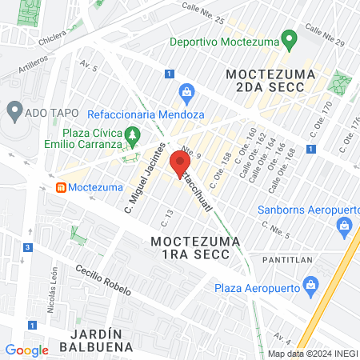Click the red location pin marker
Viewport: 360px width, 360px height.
coord(177,159)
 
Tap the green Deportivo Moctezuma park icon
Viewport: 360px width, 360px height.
coord(289,39)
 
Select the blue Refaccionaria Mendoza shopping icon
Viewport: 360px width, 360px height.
coord(186,93)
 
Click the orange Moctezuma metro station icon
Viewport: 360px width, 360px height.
coord(59,187)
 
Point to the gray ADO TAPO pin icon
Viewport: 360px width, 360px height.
coord(13,109)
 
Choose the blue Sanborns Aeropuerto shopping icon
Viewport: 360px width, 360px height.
coord(345,226)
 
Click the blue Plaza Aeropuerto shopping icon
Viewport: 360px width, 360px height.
coord(312,285)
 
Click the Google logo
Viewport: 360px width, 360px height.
coord(26,350)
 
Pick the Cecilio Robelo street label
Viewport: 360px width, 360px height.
coord(102,280)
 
